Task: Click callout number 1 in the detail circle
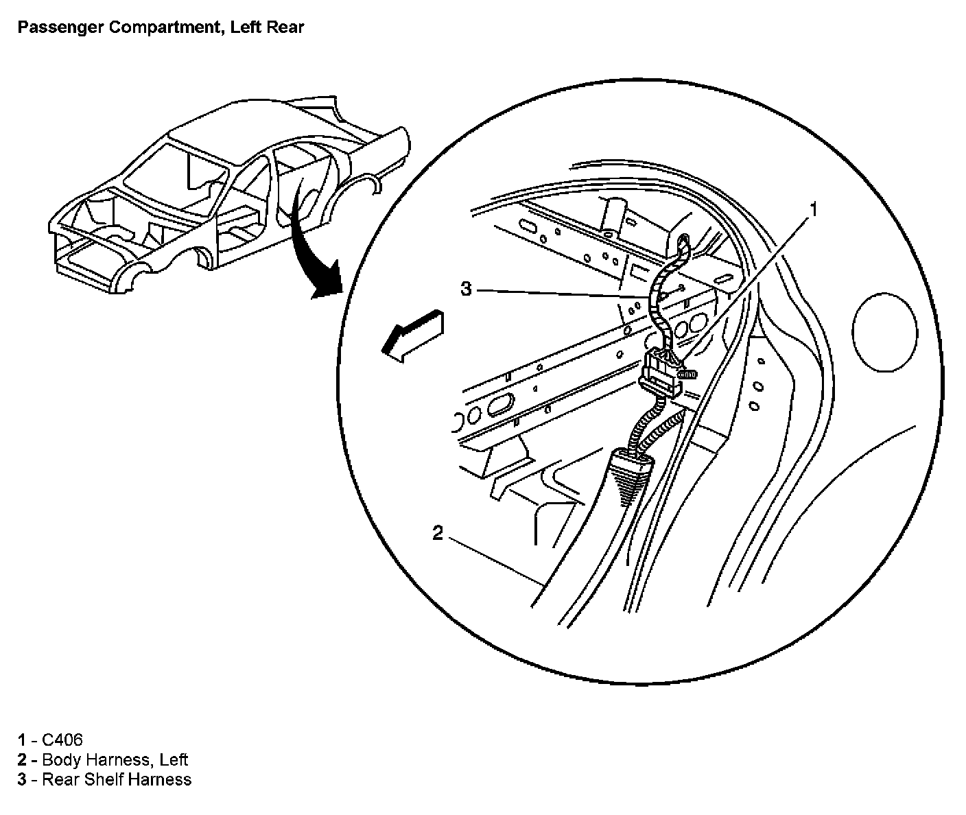(x=814, y=209)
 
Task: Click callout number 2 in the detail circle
(x=438, y=533)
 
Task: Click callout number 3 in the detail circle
(x=467, y=290)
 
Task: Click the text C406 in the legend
(x=62, y=740)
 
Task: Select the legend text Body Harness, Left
(x=115, y=759)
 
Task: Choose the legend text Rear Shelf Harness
(x=117, y=779)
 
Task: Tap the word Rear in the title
(x=287, y=27)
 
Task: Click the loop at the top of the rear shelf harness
(x=683, y=244)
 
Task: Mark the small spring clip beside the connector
(x=689, y=375)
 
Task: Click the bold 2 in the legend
(x=23, y=759)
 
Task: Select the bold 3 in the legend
(x=23, y=779)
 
